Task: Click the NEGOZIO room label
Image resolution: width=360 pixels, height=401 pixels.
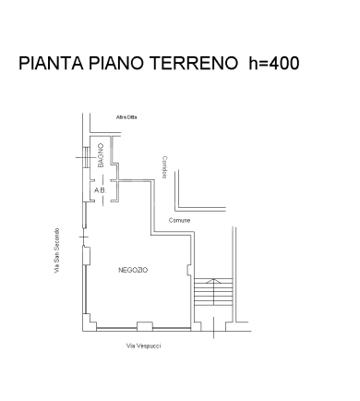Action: [133, 270]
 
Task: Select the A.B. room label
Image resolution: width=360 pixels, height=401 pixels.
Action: [99, 190]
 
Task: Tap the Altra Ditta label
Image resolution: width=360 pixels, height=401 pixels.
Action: [126, 116]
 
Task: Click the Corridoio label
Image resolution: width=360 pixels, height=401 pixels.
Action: [165, 166]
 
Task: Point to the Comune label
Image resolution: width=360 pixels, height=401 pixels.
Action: [180, 220]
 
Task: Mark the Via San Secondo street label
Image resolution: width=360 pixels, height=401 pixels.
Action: [56, 250]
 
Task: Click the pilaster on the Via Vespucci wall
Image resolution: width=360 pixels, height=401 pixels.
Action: [143, 324]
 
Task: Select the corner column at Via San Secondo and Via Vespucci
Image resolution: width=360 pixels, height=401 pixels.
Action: [89, 324]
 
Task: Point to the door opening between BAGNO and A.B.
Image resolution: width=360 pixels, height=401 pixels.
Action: [99, 178]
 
